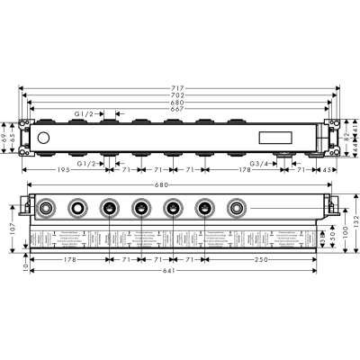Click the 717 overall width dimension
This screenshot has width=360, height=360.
[180, 87]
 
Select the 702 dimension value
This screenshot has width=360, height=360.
[180, 94]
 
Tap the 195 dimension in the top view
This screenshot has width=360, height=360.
[63, 168]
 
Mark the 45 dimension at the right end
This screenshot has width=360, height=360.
[332, 168]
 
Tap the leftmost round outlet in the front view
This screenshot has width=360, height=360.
[45, 209]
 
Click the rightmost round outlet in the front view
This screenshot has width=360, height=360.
[237, 209]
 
